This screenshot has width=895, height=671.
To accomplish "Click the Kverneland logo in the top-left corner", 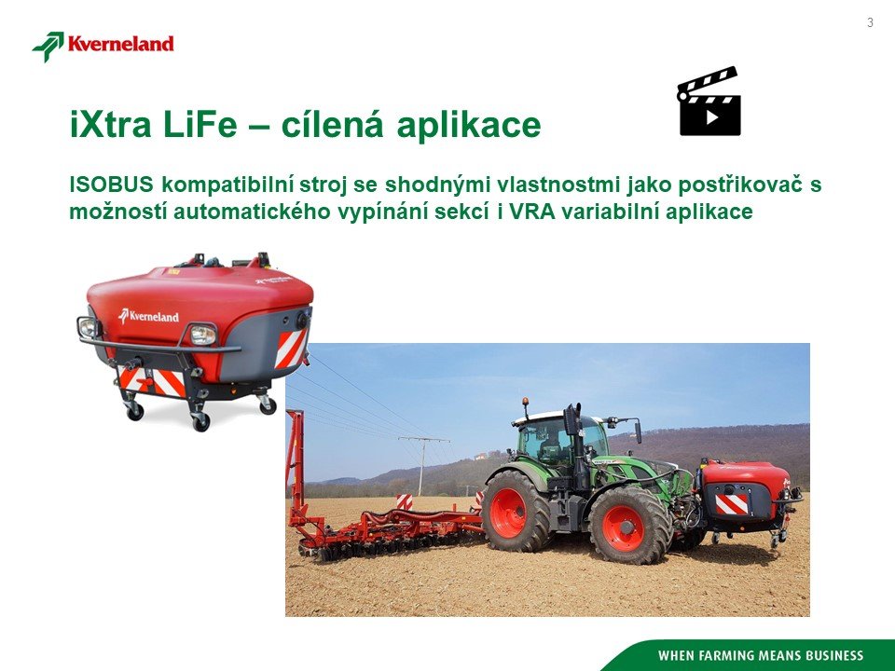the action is click(103, 46).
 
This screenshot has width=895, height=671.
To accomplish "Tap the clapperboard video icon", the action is click(709, 102).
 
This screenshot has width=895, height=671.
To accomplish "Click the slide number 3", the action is click(870, 22).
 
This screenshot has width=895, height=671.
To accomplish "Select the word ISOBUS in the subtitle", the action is click(111, 185).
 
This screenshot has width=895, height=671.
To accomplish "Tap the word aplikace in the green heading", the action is click(468, 126).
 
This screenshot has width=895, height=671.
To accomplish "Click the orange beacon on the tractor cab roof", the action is click(525, 402).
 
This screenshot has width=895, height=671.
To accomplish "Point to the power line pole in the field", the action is click(423, 465).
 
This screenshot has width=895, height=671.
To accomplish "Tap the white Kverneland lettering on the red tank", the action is click(148, 316).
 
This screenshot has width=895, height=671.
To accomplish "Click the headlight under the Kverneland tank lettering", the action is click(202, 335).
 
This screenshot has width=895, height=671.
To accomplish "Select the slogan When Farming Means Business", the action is click(761, 655).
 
